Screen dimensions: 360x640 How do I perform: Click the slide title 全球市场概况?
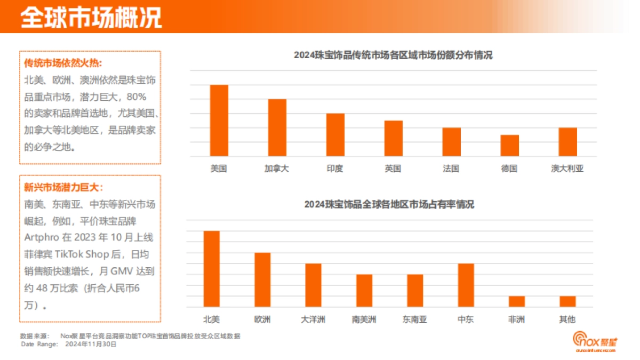click(x=91, y=17)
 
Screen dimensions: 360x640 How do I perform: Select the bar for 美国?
click(x=219, y=121)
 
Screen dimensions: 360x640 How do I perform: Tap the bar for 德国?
click(x=509, y=146)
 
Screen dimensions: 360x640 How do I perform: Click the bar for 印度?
click(x=335, y=135)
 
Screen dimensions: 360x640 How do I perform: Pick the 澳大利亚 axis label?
click(x=567, y=169)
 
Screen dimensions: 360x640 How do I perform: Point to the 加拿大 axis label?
click(x=277, y=169)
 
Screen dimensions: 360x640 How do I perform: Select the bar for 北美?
click(x=212, y=269)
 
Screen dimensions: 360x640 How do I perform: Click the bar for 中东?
click(x=466, y=285)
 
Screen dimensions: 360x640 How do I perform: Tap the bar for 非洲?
click(x=516, y=301)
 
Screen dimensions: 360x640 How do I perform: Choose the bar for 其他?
click(x=567, y=301)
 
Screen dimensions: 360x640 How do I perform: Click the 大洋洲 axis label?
click(x=313, y=319)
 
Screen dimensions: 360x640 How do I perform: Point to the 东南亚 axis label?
click(x=415, y=319)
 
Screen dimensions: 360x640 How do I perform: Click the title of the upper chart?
click(x=393, y=55)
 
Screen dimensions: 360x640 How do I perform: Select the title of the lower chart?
click(x=389, y=204)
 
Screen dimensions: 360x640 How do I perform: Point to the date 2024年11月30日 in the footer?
click(x=91, y=344)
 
